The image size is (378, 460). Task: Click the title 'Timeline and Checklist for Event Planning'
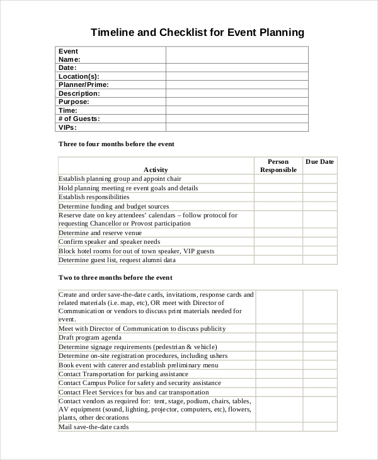tap(197, 32)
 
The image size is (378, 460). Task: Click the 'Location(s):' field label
tap(79, 76)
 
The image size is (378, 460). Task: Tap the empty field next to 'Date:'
tap(237, 67)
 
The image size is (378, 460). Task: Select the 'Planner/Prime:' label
tap(84, 84)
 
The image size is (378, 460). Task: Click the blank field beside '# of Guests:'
tap(237, 118)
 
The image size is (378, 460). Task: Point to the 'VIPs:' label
tap(67, 127)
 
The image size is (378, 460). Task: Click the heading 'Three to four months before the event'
tap(117, 144)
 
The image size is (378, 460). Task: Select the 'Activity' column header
tap(156, 170)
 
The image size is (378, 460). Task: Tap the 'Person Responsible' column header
tap(278, 166)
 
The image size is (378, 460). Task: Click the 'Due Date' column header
tap(319, 162)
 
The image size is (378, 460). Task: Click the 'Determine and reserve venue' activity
tap(101, 233)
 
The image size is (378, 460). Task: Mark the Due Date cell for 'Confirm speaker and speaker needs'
tap(319, 242)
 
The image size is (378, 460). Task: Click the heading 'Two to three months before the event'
tap(115, 278)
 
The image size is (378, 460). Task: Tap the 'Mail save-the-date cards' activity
tap(94, 427)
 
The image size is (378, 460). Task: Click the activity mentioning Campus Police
tap(140, 382)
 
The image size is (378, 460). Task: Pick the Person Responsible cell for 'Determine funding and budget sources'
tap(278, 206)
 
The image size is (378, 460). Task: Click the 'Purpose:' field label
tap(74, 101)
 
